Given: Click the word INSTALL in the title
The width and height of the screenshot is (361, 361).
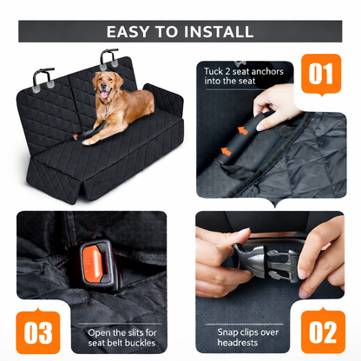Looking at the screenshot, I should coord(218,32).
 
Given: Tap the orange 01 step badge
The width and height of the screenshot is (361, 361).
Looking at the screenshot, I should coord(321,72).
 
